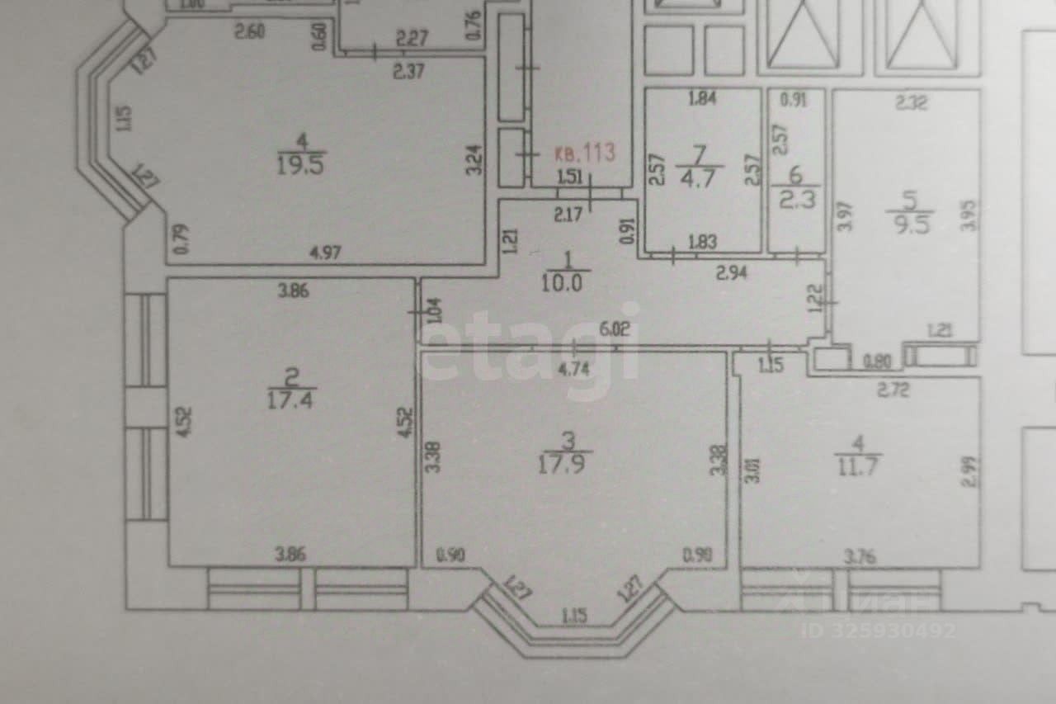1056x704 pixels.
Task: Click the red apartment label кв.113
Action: pyautogui.click(x=584, y=153)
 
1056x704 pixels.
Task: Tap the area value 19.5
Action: pyautogui.click(x=302, y=163)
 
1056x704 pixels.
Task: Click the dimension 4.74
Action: pyautogui.click(x=574, y=369)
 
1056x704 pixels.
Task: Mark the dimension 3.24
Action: pyautogui.click(x=474, y=159)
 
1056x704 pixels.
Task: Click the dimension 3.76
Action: pyautogui.click(x=860, y=557)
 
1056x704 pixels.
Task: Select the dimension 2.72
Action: pyautogui.click(x=893, y=390)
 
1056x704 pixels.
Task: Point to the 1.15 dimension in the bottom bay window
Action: pyautogui.click(x=575, y=615)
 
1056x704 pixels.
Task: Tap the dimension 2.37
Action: pyautogui.click(x=408, y=71)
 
